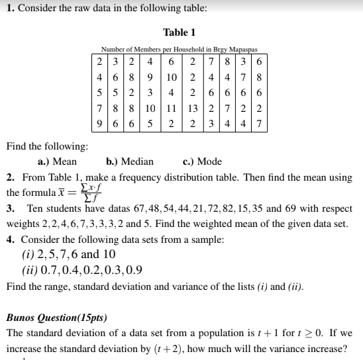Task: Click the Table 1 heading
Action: coord(179,32)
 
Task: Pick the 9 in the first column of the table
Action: coord(98,122)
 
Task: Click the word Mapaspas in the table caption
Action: coord(240,49)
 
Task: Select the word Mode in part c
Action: coord(210,161)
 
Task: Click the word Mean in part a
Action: coord(64,161)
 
